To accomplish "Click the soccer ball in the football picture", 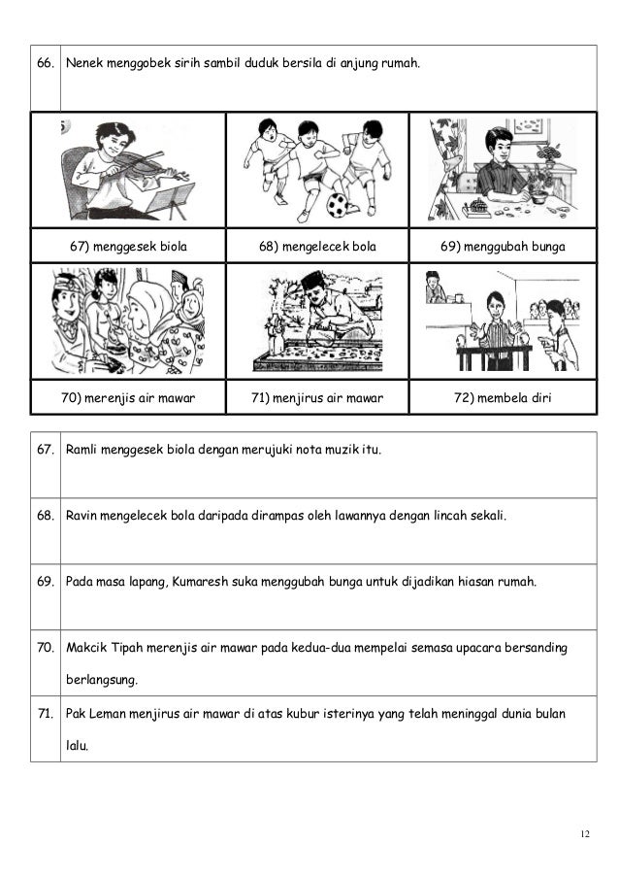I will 337,205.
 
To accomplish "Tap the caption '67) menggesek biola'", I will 129,247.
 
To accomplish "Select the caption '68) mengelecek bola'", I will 317,247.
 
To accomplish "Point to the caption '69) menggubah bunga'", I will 503,247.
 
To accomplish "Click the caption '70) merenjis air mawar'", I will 129,397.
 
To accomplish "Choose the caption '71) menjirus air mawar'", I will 317,397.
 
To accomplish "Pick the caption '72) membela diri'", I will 503,397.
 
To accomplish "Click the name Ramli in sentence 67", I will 81,451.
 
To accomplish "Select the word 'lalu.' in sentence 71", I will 76,746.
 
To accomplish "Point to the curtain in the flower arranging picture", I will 447,165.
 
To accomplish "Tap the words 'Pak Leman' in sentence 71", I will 92,714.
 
